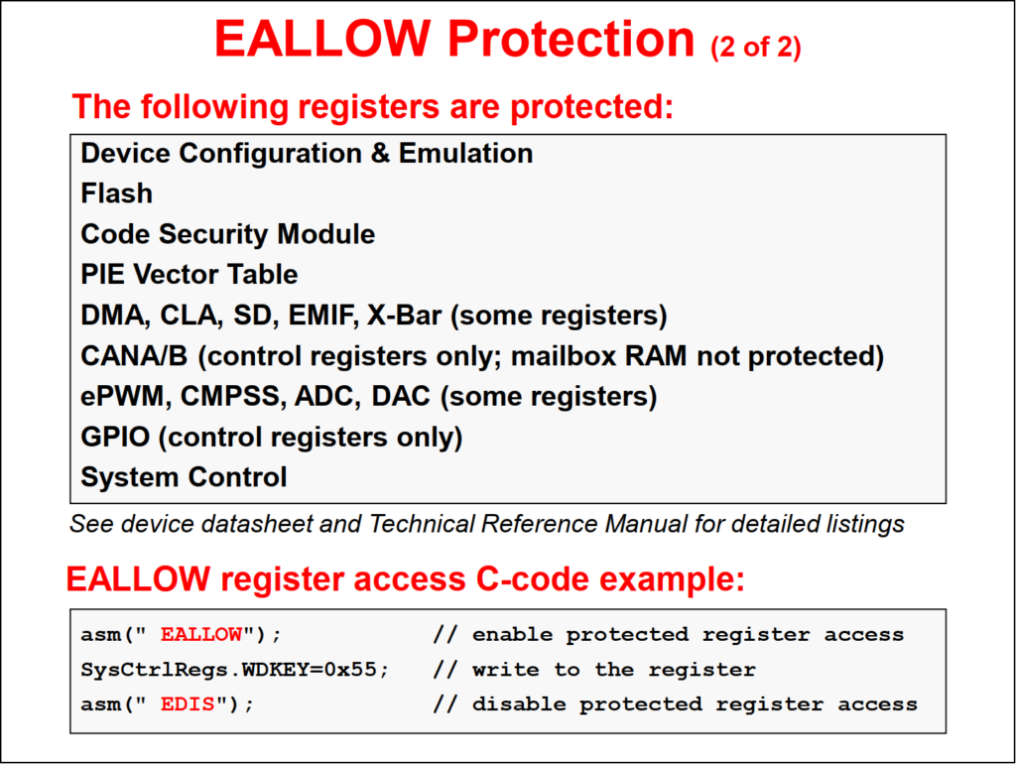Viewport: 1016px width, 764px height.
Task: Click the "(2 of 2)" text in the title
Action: click(755, 48)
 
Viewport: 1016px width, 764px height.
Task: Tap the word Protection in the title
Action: click(571, 39)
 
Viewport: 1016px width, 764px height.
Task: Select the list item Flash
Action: click(117, 193)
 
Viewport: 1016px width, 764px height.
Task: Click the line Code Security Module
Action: click(227, 234)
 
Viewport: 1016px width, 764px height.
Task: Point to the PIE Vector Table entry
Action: click(190, 274)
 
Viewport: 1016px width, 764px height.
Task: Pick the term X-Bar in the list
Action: click(405, 315)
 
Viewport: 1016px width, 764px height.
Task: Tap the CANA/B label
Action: click(134, 356)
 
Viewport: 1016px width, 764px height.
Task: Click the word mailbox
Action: click(564, 356)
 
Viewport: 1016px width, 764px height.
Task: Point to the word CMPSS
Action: click(233, 396)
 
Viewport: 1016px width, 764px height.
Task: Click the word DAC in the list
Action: click(401, 396)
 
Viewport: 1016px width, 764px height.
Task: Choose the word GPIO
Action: click(115, 437)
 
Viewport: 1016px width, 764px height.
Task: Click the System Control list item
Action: click(184, 477)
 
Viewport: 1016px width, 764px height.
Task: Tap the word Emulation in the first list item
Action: click(465, 153)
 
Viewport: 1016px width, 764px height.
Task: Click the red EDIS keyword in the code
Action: click(188, 703)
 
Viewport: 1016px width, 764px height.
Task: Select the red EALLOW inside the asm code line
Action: click(200, 634)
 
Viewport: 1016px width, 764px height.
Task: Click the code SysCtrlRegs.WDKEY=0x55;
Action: click(234, 670)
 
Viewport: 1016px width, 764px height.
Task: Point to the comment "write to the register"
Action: click(613, 670)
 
